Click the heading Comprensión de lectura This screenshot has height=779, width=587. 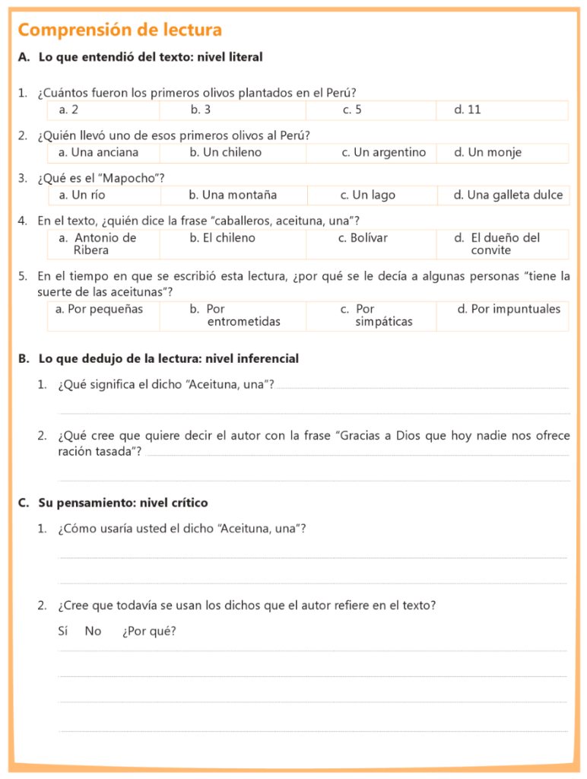[120, 30]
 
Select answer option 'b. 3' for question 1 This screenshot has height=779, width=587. [201, 110]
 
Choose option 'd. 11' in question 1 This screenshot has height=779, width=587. [468, 110]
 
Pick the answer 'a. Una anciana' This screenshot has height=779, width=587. [99, 152]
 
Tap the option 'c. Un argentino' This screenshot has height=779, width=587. [384, 152]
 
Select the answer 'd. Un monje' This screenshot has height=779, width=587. [488, 152]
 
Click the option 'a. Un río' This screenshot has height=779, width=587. [82, 195]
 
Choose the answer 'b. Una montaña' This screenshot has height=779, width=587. [233, 195]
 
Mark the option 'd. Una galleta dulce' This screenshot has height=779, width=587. [509, 195]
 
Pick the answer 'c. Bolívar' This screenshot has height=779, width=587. [363, 237]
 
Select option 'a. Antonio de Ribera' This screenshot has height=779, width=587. [98, 243]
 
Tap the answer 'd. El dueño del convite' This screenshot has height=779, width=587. [498, 243]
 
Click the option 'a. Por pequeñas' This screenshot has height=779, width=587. [99, 309]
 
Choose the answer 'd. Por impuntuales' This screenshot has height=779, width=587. [509, 309]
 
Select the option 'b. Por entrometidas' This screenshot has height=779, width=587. [235, 315]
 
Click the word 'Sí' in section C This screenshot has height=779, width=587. [63, 631]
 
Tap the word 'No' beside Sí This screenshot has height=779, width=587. [93, 631]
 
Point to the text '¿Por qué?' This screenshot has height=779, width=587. [149, 631]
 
